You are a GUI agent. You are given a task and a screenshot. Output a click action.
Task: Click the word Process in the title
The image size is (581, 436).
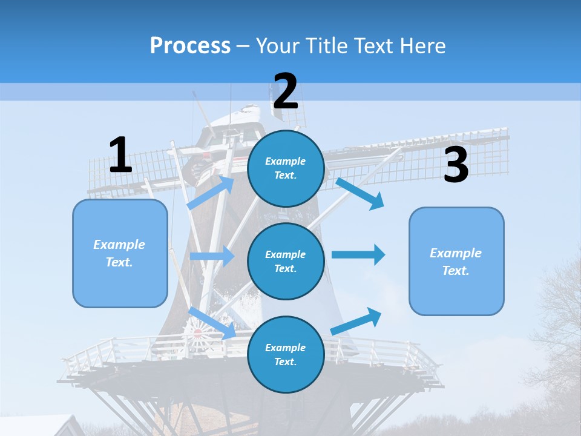click(190, 46)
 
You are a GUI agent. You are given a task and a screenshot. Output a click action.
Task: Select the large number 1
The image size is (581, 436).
click(120, 156)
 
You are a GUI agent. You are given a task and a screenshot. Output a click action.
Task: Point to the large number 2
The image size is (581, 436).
click(286, 92)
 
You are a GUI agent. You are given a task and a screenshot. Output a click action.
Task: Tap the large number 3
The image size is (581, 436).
click(456, 165)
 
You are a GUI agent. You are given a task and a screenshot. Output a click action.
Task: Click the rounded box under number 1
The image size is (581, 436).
click(120, 253)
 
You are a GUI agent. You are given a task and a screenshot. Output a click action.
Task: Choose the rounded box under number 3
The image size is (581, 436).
click(456, 261)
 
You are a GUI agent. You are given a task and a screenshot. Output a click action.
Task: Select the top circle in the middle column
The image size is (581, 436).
click(286, 168)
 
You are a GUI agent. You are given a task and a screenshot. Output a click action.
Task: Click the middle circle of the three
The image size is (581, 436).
click(286, 261)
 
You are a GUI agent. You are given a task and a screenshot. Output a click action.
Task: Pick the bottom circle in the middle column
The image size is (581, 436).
click(286, 354)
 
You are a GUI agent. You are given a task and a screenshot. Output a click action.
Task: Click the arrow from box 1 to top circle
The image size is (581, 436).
click(211, 193)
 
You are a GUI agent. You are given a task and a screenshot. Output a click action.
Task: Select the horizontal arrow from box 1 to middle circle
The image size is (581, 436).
click(212, 256)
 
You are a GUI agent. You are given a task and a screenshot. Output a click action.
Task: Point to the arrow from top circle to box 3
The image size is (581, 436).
click(359, 193)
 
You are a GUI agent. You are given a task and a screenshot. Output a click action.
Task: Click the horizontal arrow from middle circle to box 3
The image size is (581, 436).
click(358, 254)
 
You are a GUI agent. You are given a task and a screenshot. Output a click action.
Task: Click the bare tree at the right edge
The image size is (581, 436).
click(560, 327)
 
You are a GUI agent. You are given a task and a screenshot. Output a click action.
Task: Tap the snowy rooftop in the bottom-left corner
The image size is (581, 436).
click(36, 425)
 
